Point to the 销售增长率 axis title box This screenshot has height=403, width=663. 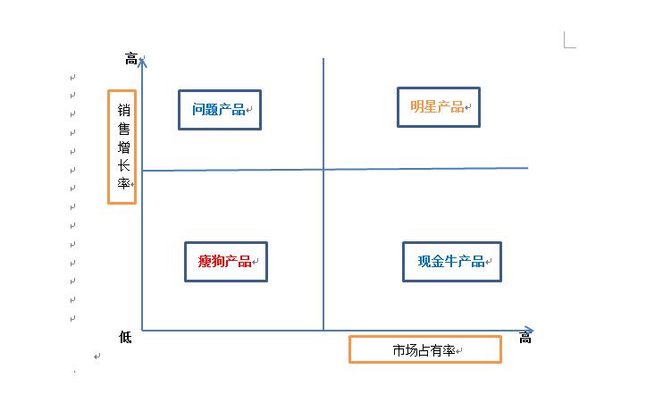pos(109,147)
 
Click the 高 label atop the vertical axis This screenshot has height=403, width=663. pos(131,59)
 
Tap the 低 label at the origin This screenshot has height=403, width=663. pos(125,337)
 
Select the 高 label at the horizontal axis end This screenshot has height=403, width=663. pos(525,338)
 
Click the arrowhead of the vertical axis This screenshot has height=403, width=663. pos(142,61)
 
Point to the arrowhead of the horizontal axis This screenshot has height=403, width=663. pos(532,330)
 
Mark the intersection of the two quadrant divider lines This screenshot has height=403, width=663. pos(323,169)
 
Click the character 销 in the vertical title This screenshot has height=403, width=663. pos(124,110)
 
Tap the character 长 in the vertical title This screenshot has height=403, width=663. pos(124,165)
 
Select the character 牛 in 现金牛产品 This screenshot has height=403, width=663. pos(451,261)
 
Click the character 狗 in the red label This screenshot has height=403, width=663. pos(218,261)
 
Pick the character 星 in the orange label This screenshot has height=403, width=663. pos(431,106)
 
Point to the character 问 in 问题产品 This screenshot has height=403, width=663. pos(198,110)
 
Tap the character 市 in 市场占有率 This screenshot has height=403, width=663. pos(399,350)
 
